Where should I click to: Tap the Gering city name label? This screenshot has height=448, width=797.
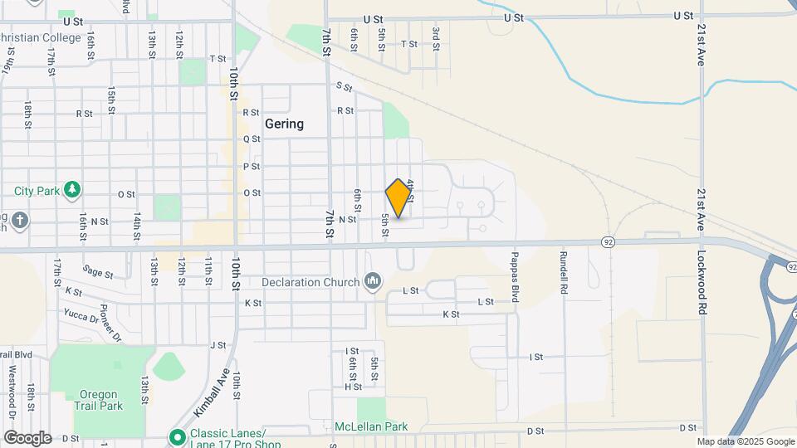point(284,124)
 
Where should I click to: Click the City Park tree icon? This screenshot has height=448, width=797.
point(73,190)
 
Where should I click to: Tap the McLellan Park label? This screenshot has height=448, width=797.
point(371,426)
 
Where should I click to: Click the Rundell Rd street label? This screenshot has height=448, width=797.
point(564,274)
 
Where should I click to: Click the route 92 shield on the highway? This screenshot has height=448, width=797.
point(608,241)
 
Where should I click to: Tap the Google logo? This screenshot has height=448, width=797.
point(27,437)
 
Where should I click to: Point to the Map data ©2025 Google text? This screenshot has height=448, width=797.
point(746,441)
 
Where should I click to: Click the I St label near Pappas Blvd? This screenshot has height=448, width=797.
point(535,357)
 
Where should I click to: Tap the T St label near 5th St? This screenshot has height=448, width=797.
point(408,44)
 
